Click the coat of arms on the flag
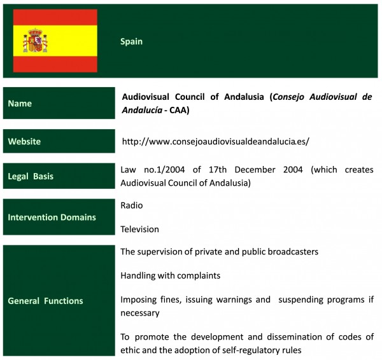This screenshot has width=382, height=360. (35, 41)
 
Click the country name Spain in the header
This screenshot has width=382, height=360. (131, 41)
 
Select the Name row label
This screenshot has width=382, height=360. (20, 104)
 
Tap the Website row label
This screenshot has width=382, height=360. (24, 141)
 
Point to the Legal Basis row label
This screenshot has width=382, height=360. (31, 176)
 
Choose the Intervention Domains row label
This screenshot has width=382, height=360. (52, 217)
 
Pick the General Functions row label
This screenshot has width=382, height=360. (45, 301)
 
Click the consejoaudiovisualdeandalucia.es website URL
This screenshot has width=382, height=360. (215, 141)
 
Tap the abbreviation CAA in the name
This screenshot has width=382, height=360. (178, 110)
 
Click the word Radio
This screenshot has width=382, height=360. (132, 205)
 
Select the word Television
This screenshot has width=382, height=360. (139, 229)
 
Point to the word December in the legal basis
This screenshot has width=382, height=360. (255, 170)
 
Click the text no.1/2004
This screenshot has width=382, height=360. (164, 170)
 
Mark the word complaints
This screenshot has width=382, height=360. (199, 276)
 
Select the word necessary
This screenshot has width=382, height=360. (140, 314)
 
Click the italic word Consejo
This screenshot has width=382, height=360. (288, 97)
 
